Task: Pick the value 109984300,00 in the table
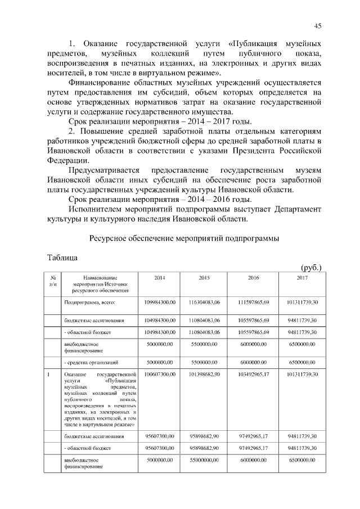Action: [x=160, y=303]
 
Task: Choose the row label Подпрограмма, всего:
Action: [x=89, y=303]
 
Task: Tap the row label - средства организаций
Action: [x=93, y=362]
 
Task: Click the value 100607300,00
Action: [x=160, y=373]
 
